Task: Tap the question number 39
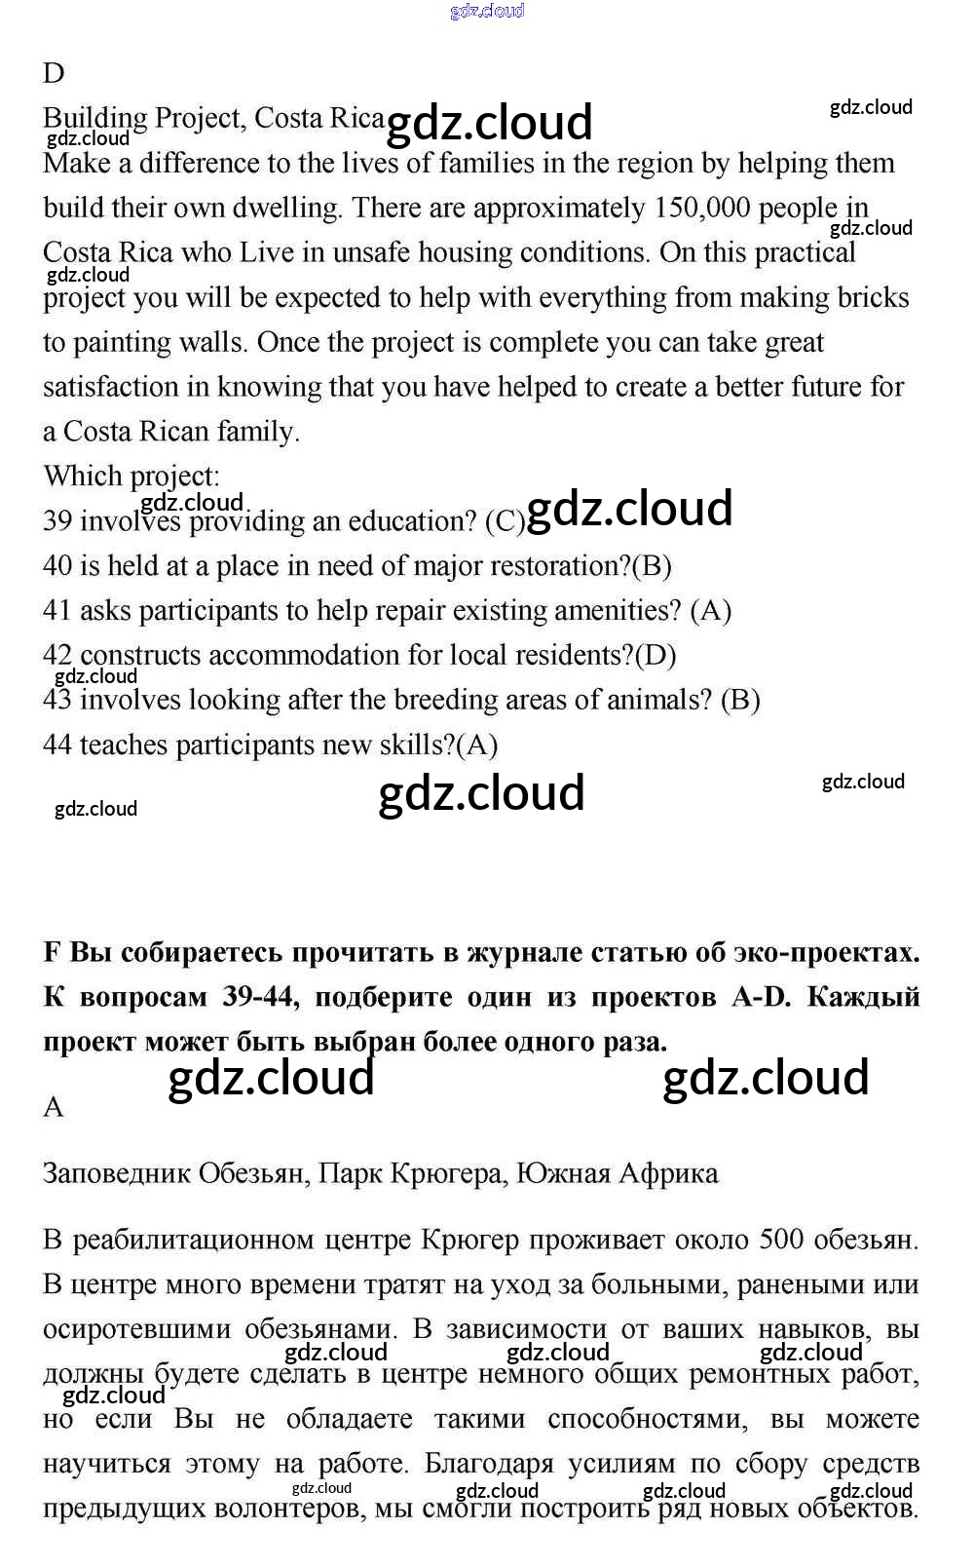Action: click(57, 521)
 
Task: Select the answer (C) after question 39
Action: click(505, 521)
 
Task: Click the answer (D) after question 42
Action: click(656, 656)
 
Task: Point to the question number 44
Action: click(57, 746)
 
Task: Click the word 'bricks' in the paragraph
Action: click(874, 297)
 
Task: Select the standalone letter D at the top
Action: click(54, 73)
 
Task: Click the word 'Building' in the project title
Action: click(94, 119)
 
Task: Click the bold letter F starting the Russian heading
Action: click(53, 952)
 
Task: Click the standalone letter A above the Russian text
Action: click(54, 1108)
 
